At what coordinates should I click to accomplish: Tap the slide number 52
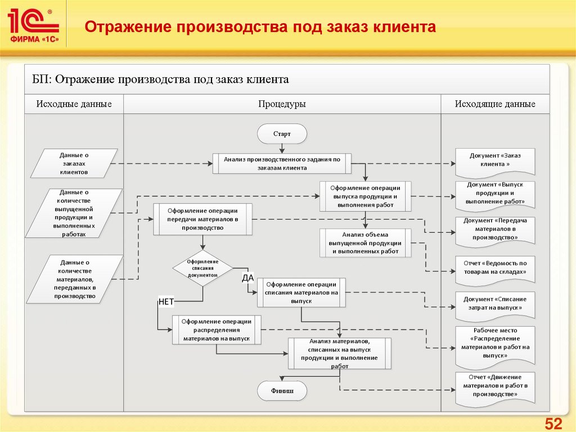[x=554, y=424]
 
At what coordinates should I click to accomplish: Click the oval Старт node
[x=282, y=134]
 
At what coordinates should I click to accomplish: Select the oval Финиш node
[x=282, y=390]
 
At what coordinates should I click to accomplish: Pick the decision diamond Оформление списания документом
[x=202, y=268]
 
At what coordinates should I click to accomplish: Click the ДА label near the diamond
[x=248, y=277]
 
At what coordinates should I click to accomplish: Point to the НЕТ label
[x=166, y=301]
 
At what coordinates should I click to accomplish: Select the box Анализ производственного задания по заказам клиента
[x=282, y=163]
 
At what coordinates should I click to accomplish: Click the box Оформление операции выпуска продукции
[x=365, y=196]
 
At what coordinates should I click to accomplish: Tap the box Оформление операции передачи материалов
[x=202, y=219]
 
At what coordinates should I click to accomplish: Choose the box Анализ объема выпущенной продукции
[x=365, y=243]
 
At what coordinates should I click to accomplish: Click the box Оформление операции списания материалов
[x=301, y=292]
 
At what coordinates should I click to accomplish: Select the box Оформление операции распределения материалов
[x=217, y=330]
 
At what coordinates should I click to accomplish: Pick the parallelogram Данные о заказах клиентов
[x=74, y=163]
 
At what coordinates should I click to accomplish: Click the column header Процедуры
[x=282, y=104]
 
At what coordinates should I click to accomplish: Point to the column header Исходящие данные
[x=495, y=104]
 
